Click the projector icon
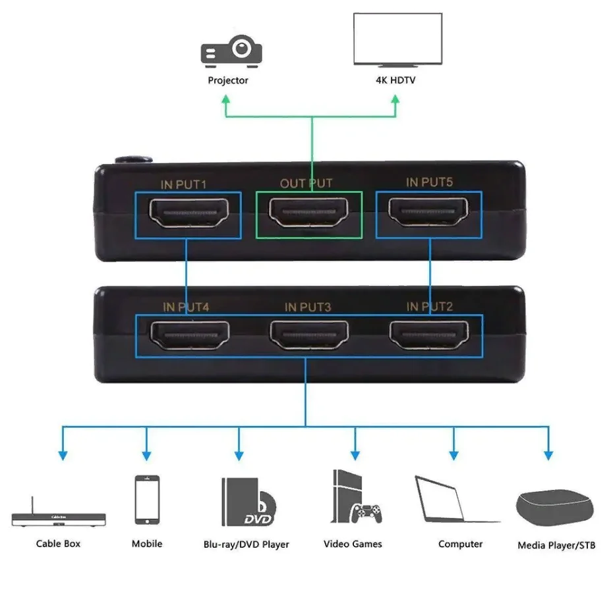pos(231,51)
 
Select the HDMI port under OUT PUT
pos(308,212)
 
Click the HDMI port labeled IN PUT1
pos(189,213)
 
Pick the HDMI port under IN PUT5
pos(428,211)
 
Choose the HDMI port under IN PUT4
pos(190,335)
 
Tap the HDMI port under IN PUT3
pos(309,335)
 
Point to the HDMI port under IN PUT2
pos(429,335)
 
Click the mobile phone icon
pos(147,500)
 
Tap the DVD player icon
pos(249,502)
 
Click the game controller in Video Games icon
pos(366,514)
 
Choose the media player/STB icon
pos(555,508)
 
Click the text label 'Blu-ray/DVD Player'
pos(247,544)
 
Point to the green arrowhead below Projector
pos(225,99)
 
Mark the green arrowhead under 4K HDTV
pos(395,99)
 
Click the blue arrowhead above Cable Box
pos(63,455)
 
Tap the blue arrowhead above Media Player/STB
pos(548,455)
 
